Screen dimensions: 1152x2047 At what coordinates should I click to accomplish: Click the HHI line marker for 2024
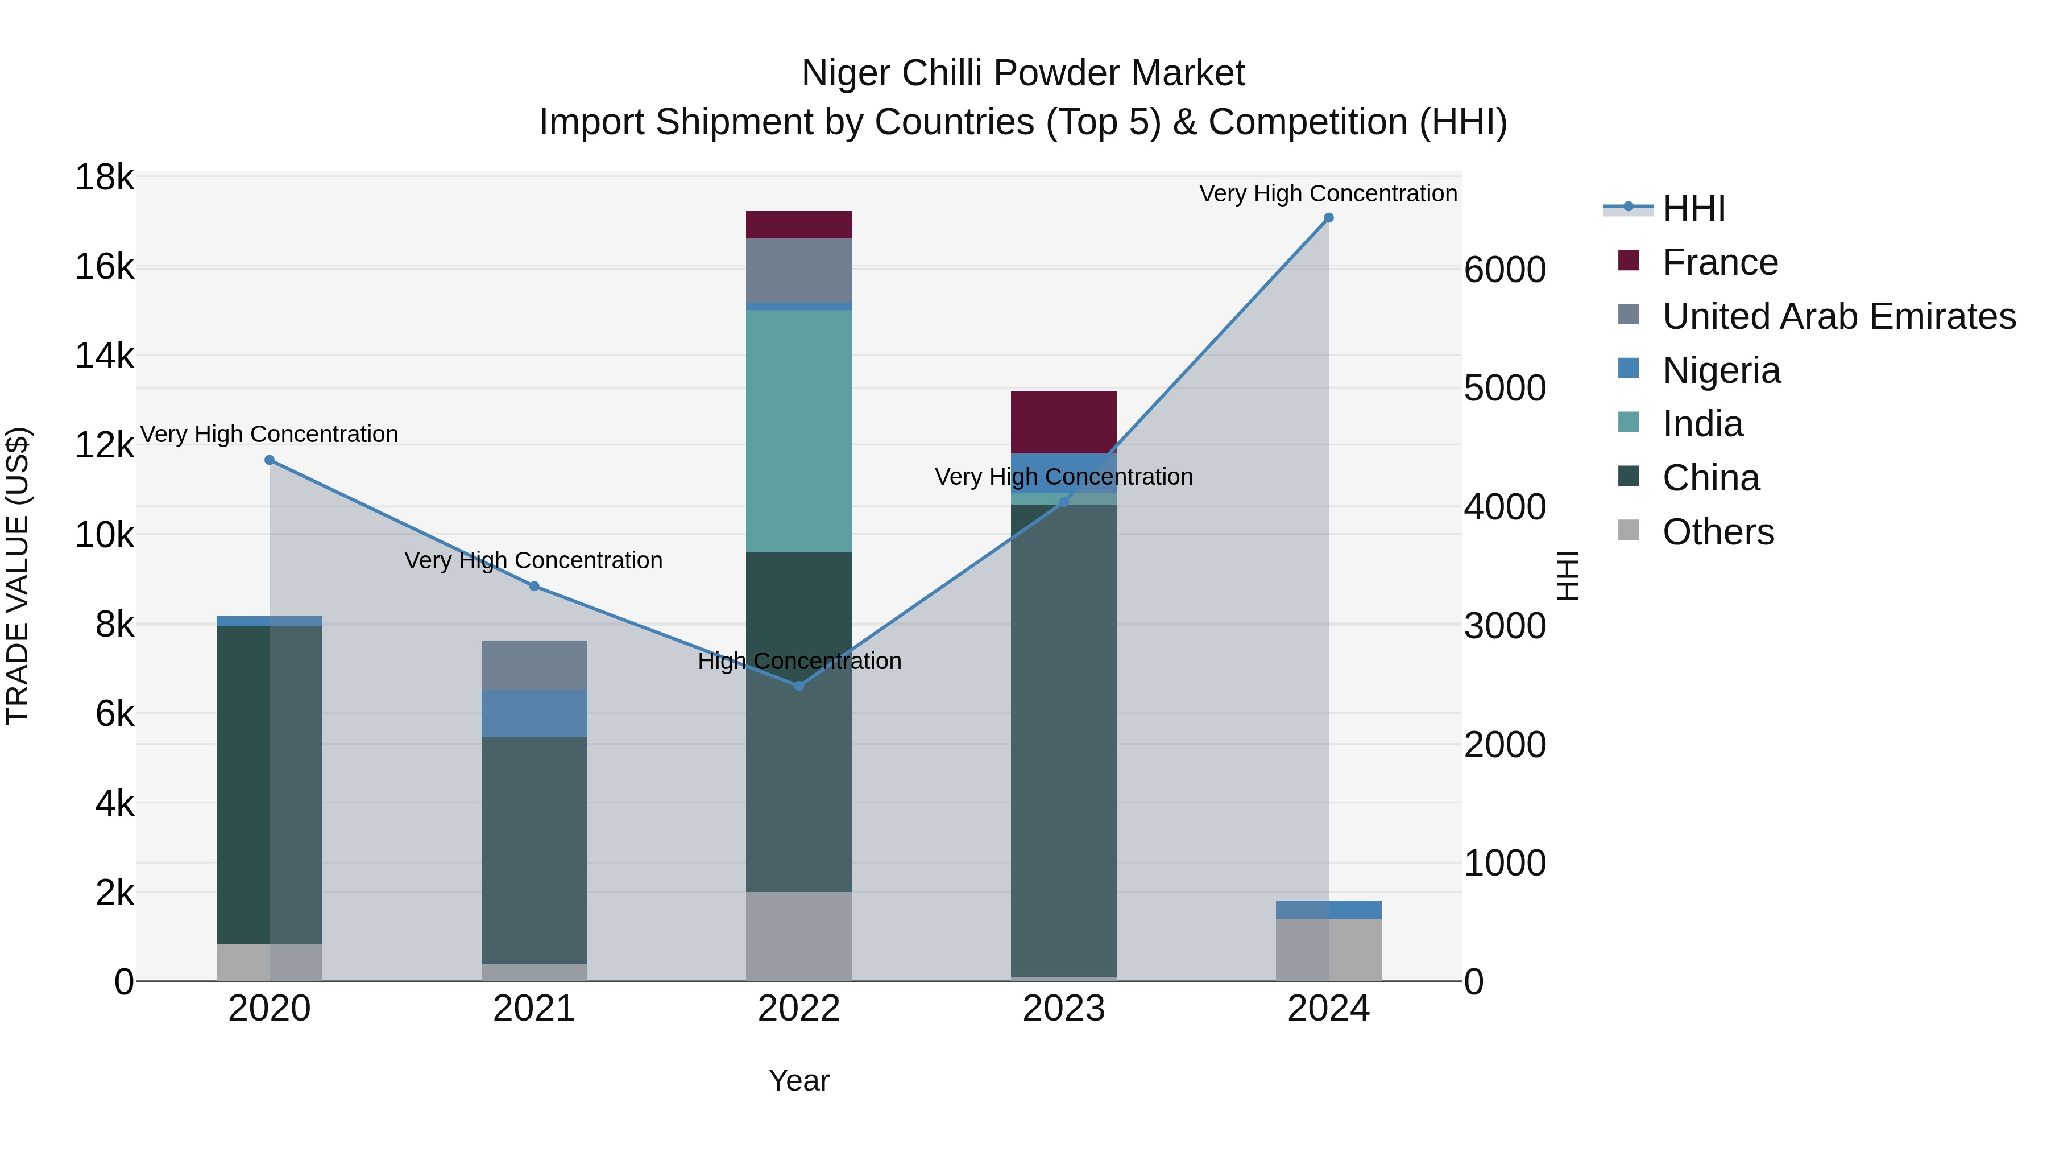click(x=1328, y=218)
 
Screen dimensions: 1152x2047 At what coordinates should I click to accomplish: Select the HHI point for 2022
click(x=799, y=686)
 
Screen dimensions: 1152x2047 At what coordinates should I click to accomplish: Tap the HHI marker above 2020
click(x=270, y=460)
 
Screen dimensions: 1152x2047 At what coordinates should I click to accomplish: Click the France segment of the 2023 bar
click(x=1063, y=422)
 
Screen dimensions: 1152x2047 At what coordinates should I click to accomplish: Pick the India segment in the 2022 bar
click(x=799, y=430)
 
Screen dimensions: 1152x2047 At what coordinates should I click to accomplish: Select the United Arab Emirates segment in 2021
click(x=534, y=666)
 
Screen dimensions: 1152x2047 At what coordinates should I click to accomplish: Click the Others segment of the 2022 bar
click(x=799, y=936)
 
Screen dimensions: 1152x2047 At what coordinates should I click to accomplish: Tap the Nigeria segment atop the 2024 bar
click(x=1328, y=910)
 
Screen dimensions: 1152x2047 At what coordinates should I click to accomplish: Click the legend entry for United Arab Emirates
click(x=1838, y=316)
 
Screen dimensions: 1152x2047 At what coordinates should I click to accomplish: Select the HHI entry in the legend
click(x=1693, y=208)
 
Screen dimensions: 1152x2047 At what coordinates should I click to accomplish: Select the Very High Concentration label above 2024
click(x=1328, y=193)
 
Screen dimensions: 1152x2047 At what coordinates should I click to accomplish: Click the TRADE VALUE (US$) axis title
click(x=18, y=576)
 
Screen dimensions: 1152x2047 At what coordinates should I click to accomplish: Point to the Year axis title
click(x=799, y=1080)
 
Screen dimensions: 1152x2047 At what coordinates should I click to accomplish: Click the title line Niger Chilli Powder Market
click(x=1023, y=73)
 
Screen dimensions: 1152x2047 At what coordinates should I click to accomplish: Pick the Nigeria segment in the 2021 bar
click(x=534, y=714)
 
